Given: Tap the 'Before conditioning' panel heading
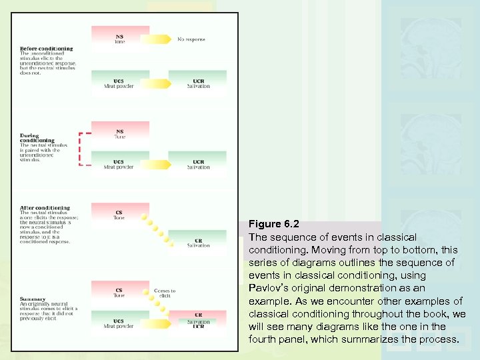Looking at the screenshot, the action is [46, 49].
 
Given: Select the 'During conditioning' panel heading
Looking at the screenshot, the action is [37, 138].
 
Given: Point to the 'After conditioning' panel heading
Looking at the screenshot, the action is [45, 209].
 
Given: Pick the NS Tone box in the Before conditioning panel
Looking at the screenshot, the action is [119, 38].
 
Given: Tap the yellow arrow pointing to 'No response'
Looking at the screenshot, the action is [155, 39].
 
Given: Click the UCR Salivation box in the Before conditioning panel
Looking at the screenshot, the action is [198, 83].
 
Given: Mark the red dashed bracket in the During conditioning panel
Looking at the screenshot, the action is [81, 149].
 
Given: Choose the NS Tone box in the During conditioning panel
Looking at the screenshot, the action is [119, 134].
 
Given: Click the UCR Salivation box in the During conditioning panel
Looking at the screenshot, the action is [198, 164].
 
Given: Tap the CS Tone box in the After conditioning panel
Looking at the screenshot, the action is [119, 215].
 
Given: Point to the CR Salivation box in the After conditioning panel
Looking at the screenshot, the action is [198, 242].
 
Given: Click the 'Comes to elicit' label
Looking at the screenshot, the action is [165, 293].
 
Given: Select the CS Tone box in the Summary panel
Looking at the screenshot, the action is [119, 293].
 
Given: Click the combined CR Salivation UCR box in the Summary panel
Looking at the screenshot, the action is [198, 320].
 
